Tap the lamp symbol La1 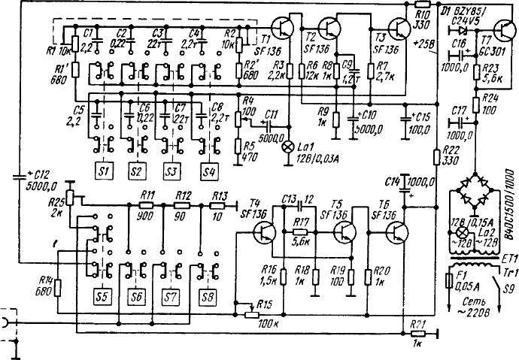286,146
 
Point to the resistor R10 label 421,16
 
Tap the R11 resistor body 148,204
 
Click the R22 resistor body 437,156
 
